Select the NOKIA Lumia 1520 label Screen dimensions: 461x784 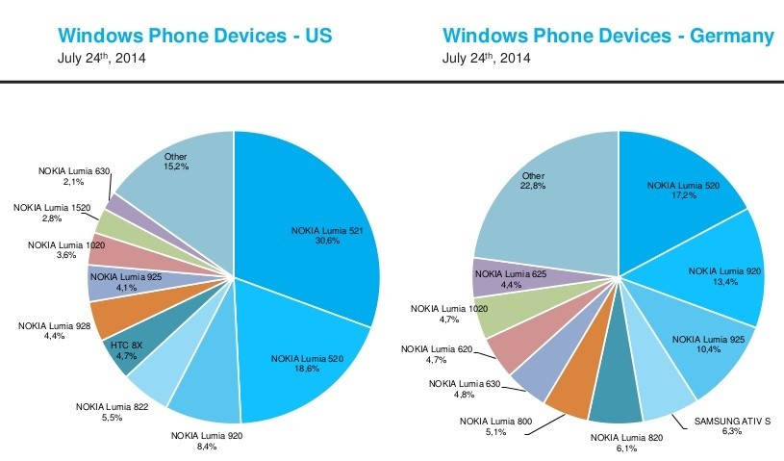click(50, 207)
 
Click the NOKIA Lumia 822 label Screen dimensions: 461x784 click(114, 406)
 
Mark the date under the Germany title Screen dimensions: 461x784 click(488, 58)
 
